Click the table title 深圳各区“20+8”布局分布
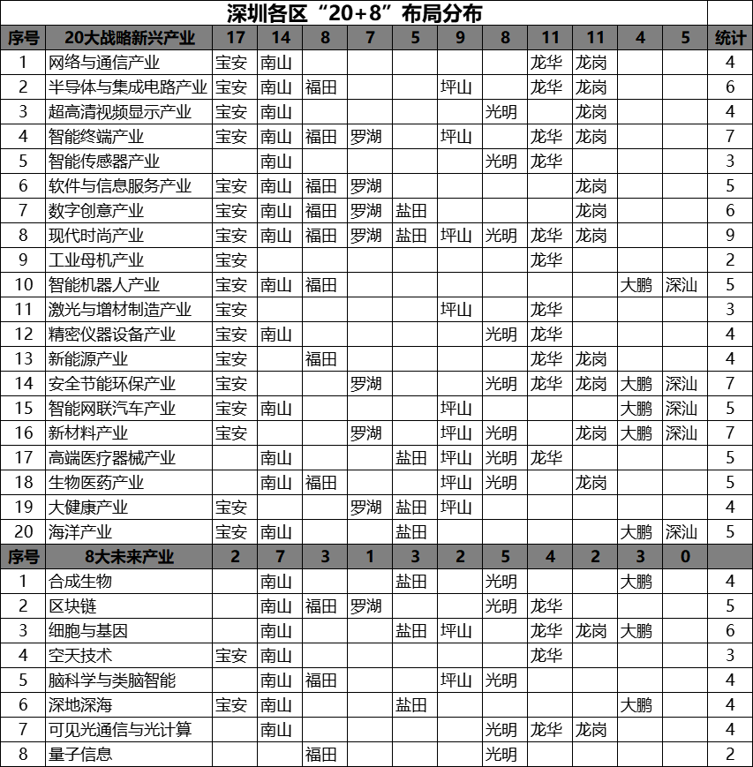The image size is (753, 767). click(x=353, y=13)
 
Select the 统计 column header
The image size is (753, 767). click(x=730, y=38)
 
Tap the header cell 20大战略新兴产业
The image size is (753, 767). click(x=129, y=38)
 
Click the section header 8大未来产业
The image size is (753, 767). click(x=129, y=557)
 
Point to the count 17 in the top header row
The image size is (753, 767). click(x=235, y=38)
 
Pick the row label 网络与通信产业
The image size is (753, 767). click(x=104, y=63)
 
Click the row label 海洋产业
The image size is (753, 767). click(x=80, y=532)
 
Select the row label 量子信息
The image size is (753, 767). click(x=80, y=755)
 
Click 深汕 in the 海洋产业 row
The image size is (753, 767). click(x=681, y=532)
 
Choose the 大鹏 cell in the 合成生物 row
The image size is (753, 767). click(x=636, y=582)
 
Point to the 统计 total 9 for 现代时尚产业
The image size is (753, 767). click(x=730, y=236)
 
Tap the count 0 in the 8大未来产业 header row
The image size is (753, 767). click(x=686, y=557)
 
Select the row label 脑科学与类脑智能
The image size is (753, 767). click(x=112, y=681)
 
